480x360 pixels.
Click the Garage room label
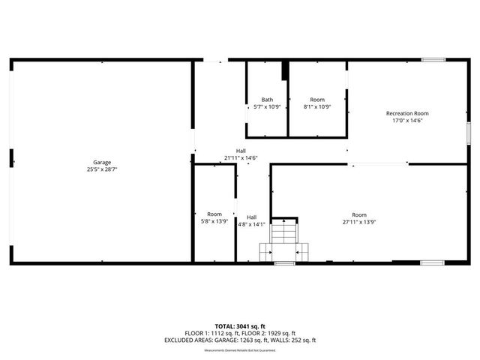point(102,163)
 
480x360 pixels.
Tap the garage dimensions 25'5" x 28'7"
point(102,169)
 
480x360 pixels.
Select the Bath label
point(267,100)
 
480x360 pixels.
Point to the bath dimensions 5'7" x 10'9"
point(267,106)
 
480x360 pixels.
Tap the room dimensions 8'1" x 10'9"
point(317,106)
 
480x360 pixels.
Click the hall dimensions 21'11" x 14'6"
point(241,157)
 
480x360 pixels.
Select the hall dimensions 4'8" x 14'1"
point(252,223)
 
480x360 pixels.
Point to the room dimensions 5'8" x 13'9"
point(214,221)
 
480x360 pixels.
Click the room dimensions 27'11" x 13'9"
point(359,221)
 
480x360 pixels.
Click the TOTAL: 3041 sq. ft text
point(240,326)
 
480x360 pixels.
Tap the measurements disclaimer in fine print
point(240,349)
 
